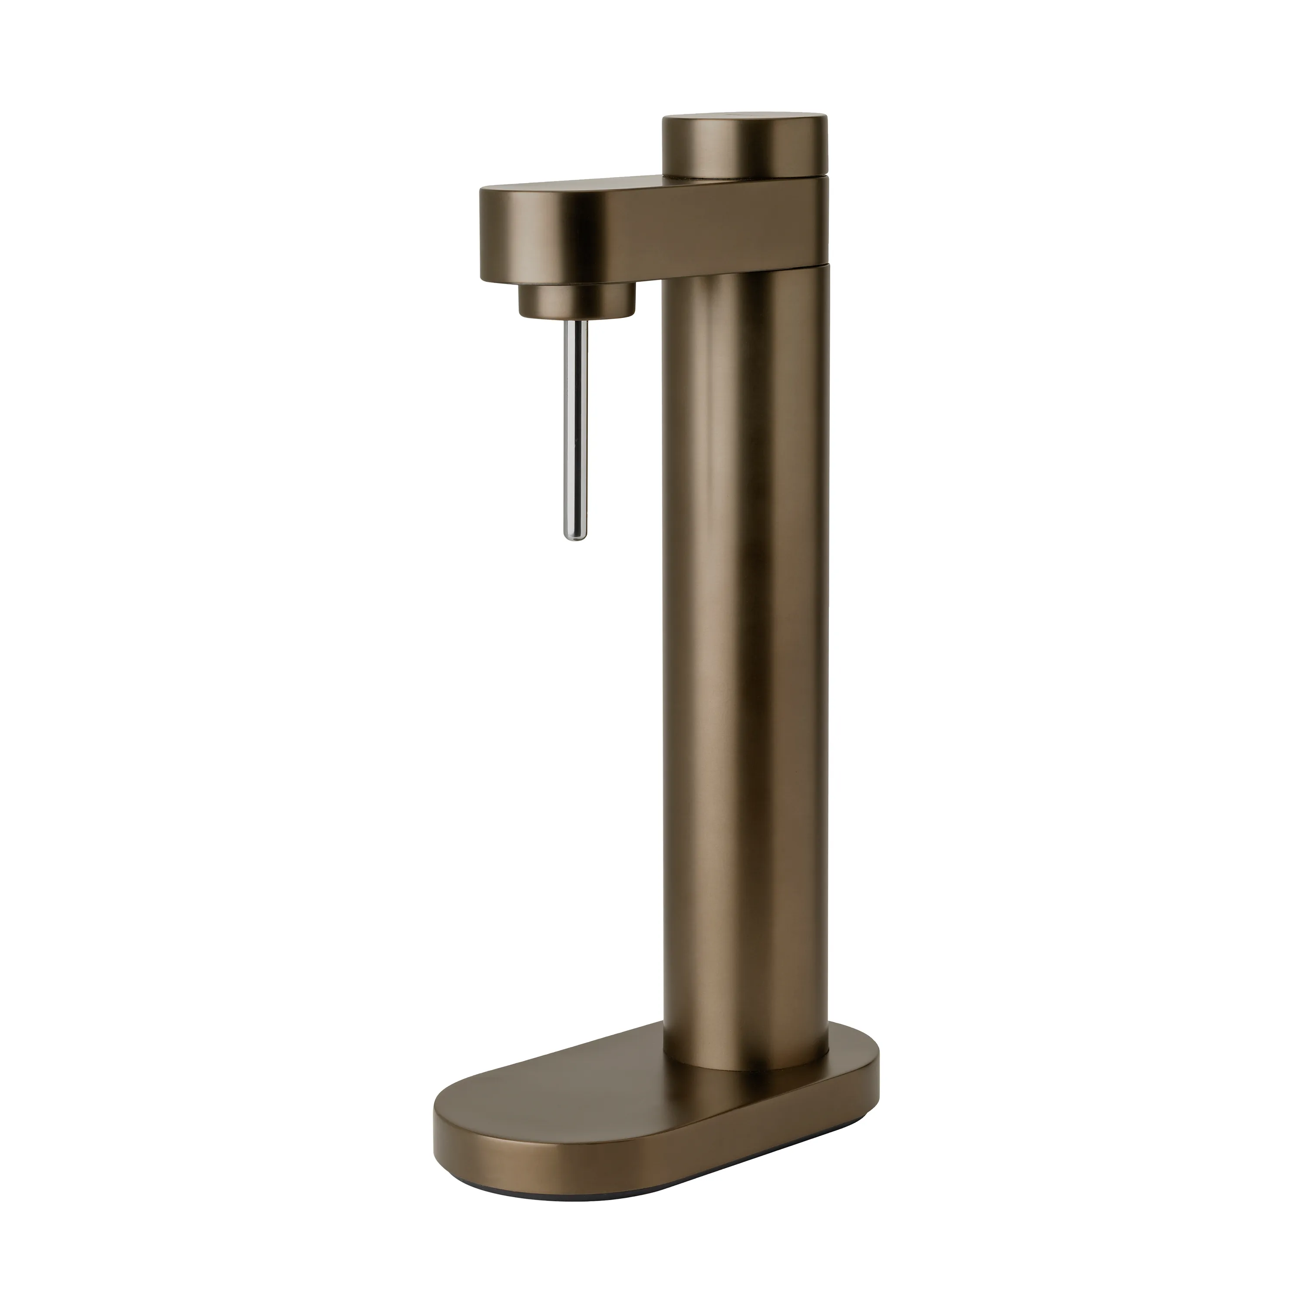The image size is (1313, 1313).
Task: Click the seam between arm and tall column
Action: (x=748, y=263)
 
